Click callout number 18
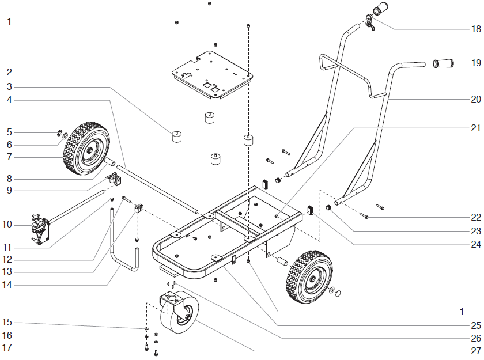pyautogui.click(x=475, y=28)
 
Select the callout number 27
pyautogui.click(x=475, y=351)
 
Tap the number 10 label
pyautogui.click(x=9, y=224)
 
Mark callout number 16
pyautogui.click(x=9, y=335)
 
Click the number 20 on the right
pyautogui.click(x=475, y=99)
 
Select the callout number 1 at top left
pyautogui.click(x=9, y=22)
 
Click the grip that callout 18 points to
pyautogui.click(x=380, y=11)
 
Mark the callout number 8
pyautogui.click(x=9, y=179)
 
